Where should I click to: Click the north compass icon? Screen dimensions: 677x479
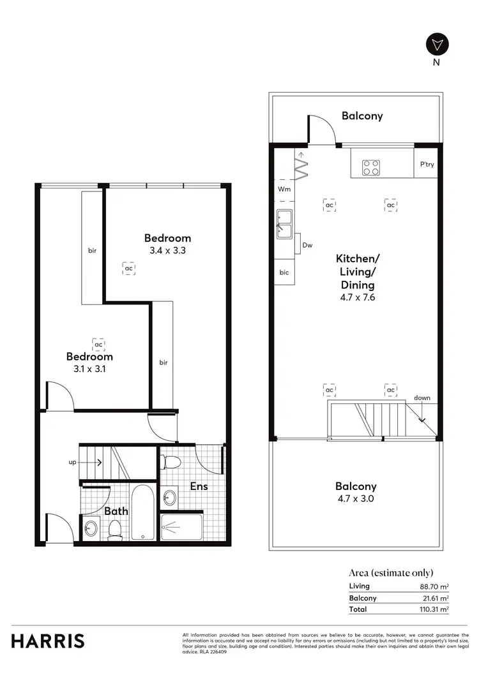pyautogui.click(x=437, y=45)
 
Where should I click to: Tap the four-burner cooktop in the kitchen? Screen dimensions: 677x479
pyautogui.click(x=371, y=167)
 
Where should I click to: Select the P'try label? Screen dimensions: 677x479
pyautogui.click(x=427, y=165)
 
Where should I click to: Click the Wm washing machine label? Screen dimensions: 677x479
pyautogui.click(x=284, y=190)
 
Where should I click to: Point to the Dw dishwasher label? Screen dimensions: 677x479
pyautogui.click(x=307, y=245)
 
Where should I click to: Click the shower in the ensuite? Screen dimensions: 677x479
pyautogui.click(x=182, y=527)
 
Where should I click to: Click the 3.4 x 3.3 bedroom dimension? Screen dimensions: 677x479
pyautogui.click(x=167, y=251)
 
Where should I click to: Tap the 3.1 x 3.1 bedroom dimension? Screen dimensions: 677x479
pyautogui.click(x=89, y=369)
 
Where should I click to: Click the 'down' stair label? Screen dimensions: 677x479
pyautogui.click(x=422, y=398)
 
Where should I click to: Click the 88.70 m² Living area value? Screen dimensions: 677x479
pyautogui.click(x=434, y=586)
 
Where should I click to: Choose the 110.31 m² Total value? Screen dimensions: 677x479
pyautogui.click(x=432, y=609)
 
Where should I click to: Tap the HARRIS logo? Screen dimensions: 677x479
pyautogui.click(x=48, y=641)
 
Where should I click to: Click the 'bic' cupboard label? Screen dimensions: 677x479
pyautogui.click(x=284, y=272)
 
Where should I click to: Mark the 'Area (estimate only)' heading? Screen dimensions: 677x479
pyautogui.click(x=391, y=572)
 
